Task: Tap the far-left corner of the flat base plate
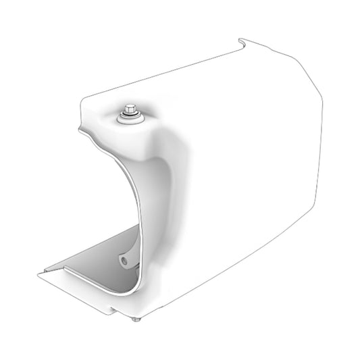point(39,274)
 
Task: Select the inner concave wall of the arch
point(153,203)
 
